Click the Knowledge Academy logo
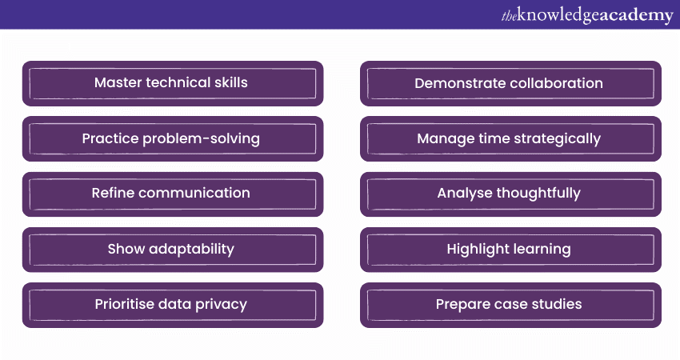[587, 15]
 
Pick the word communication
[194, 193]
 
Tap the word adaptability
[192, 249]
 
